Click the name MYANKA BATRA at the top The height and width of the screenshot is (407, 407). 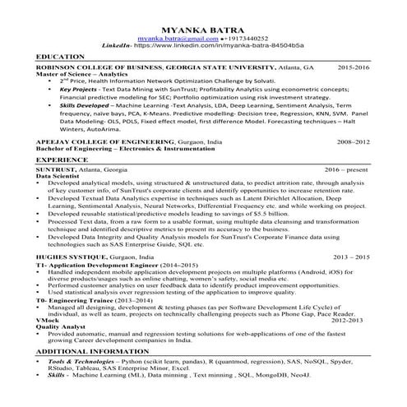tap(204, 27)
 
